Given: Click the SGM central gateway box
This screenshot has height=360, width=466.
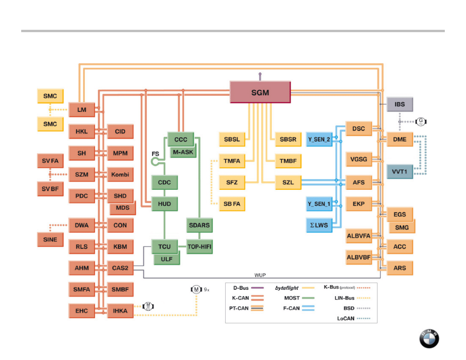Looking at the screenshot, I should click(260, 92).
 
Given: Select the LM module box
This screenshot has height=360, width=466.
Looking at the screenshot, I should click(82, 110).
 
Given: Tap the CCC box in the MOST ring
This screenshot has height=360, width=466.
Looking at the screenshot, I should click(181, 139).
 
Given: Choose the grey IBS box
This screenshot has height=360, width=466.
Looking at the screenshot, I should click(400, 105).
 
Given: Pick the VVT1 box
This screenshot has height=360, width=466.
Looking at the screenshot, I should click(400, 171).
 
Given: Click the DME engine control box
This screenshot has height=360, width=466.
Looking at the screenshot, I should click(400, 139).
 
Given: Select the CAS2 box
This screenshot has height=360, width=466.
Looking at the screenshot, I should click(120, 268).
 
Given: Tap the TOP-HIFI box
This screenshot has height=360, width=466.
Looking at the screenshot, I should click(199, 247).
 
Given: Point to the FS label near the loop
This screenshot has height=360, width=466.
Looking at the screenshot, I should click(155, 154).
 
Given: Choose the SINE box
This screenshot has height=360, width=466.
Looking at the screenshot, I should click(50, 239).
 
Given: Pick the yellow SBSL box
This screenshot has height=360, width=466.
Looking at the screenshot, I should click(232, 139).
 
